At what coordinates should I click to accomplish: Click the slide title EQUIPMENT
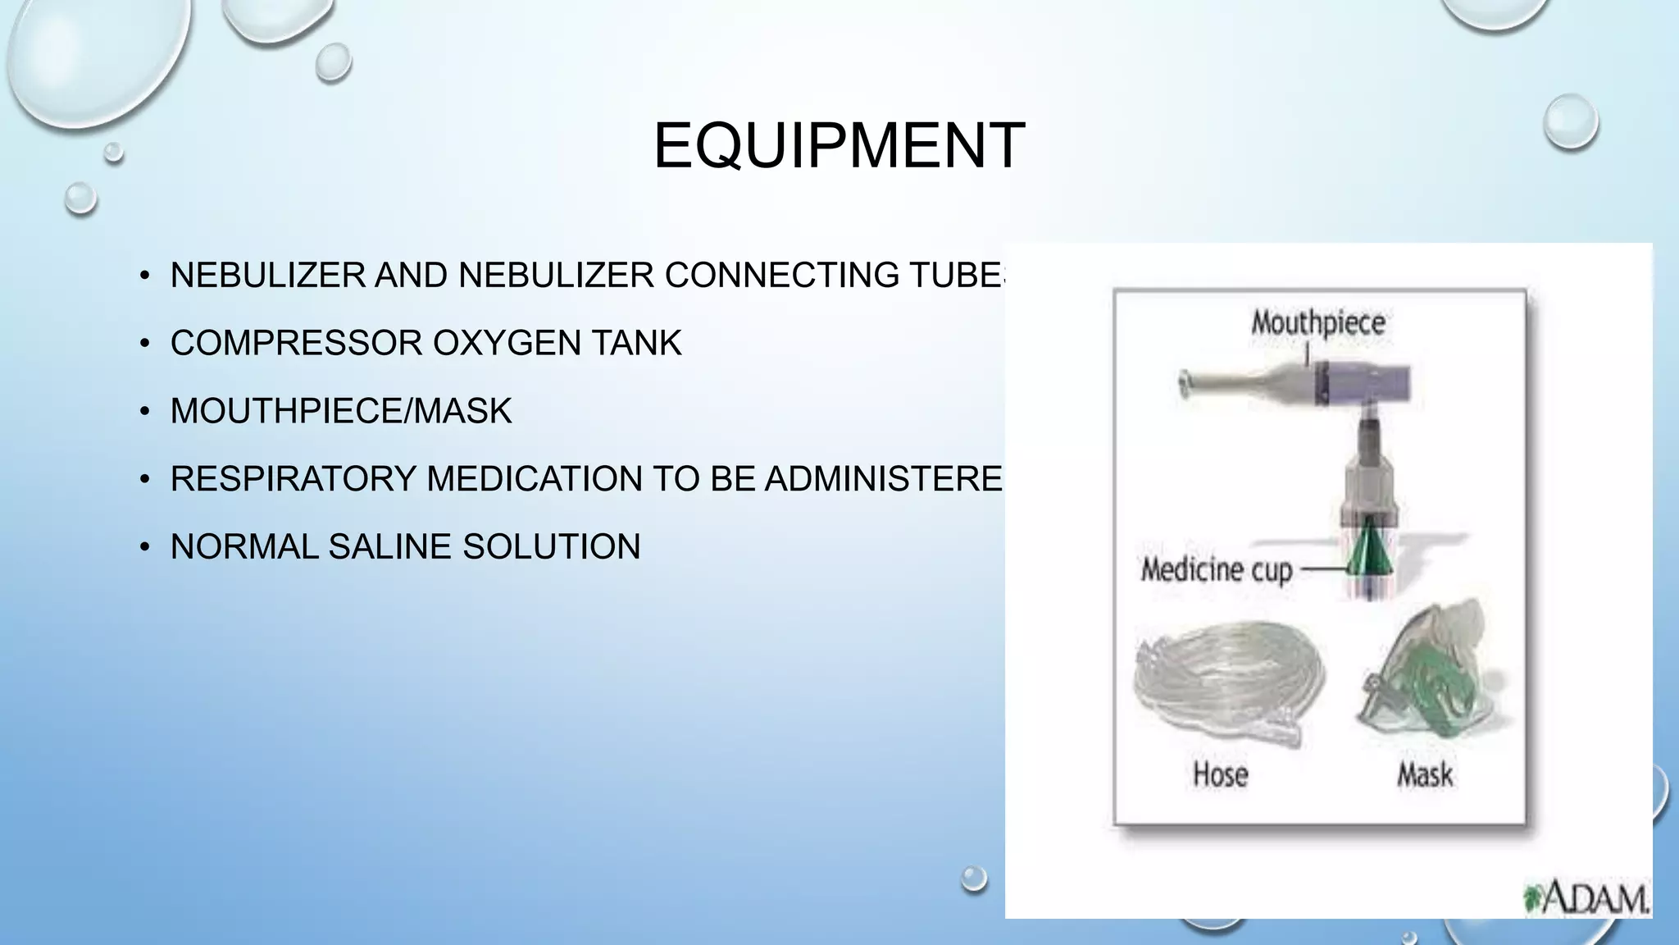click(x=839, y=146)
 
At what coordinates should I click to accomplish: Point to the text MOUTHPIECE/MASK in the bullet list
click(x=340, y=411)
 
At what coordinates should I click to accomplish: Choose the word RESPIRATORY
click(x=293, y=479)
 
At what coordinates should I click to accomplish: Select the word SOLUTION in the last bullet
click(x=551, y=547)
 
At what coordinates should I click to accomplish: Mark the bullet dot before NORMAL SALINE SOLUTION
click(x=144, y=547)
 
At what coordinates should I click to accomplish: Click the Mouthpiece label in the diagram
click(x=1317, y=322)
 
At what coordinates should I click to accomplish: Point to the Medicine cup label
click(x=1216, y=569)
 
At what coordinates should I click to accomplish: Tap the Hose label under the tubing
click(x=1220, y=774)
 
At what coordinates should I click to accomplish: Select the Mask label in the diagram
click(x=1425, y=774)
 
